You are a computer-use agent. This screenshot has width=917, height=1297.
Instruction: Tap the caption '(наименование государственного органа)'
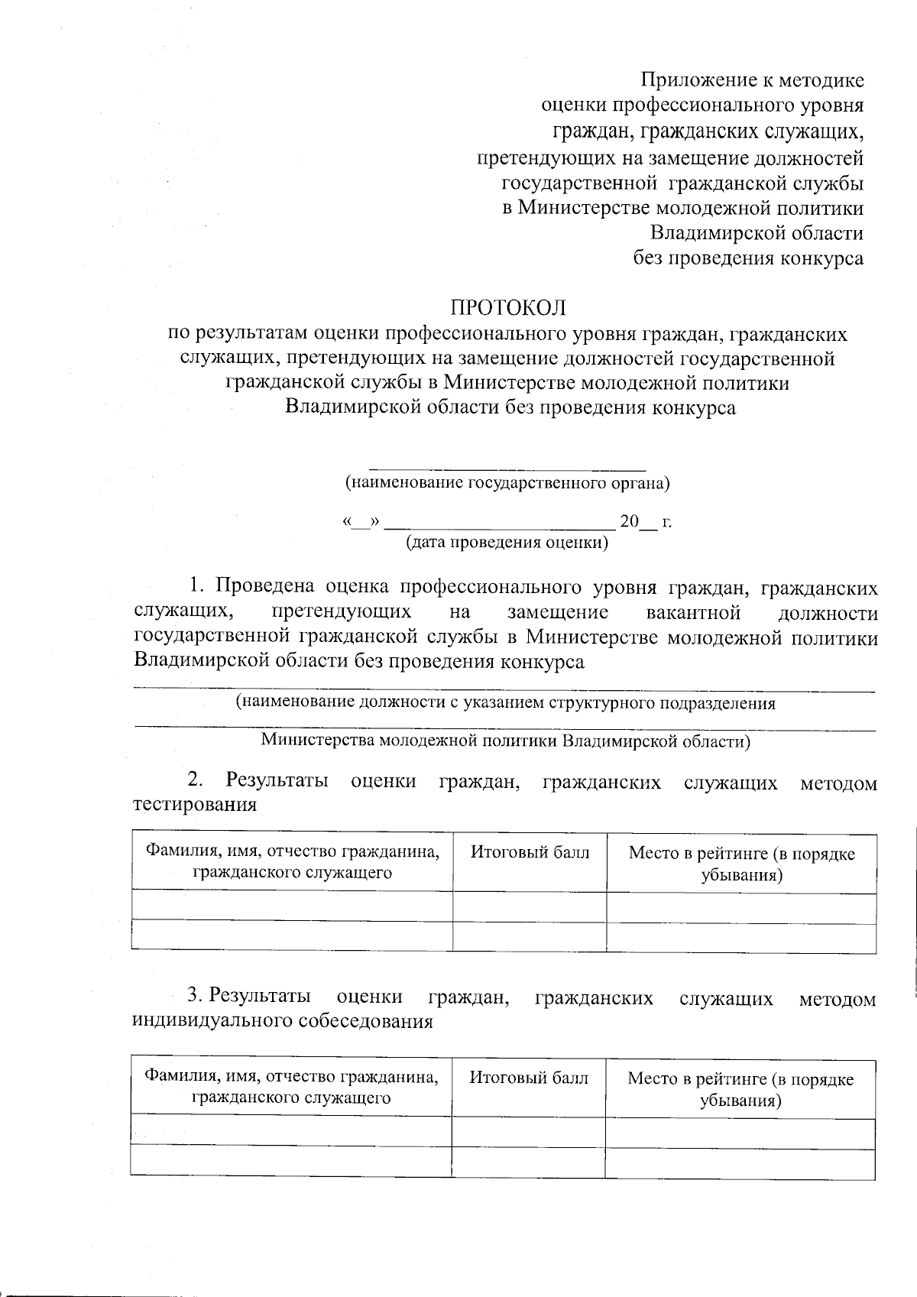(507, 483)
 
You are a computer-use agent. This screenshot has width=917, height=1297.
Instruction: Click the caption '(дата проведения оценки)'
(507, 543)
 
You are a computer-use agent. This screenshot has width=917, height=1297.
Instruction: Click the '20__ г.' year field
(645, 522)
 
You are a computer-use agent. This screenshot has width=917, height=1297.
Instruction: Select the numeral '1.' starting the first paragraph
(197, 587)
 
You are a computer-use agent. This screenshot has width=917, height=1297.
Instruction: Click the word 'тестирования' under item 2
(195, 805)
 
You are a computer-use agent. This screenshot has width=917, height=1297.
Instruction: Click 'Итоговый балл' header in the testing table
(530, 852)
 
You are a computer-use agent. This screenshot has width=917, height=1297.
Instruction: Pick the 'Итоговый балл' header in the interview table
(529, 1078)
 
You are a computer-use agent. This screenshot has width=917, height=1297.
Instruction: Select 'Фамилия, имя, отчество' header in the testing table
(293, 852)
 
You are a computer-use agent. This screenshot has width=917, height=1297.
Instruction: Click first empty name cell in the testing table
(293, 906)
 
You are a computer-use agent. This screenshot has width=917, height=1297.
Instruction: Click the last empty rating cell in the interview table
(740, 1162)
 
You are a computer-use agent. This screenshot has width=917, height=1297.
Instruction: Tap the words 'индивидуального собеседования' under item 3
(283, 1022)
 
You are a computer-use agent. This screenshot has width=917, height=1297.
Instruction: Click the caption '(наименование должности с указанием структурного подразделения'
(505, 703)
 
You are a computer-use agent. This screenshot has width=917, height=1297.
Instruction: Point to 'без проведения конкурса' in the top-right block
(748, 258)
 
